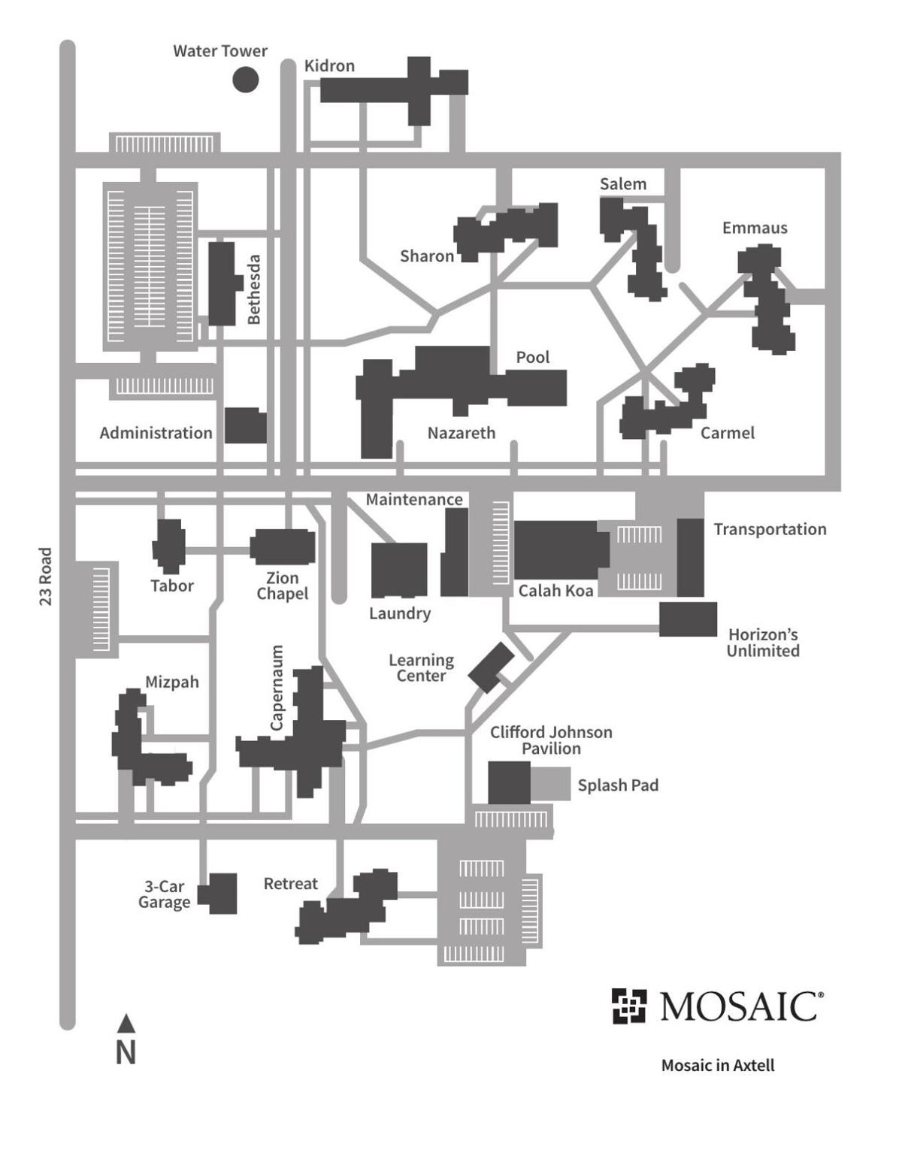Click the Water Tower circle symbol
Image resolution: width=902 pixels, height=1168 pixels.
point(245,79)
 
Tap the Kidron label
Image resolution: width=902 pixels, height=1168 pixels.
point(329,66)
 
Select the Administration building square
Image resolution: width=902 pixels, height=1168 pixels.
point(246,425)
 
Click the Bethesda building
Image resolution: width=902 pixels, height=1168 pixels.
point(221,283)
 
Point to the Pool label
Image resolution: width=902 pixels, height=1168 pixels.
point(532,357)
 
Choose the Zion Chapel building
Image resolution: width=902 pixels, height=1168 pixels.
point(283,546)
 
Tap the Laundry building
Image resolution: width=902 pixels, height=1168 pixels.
point(399,570)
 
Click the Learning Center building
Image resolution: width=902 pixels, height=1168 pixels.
point(491,667)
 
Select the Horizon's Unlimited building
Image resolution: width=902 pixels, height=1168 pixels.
point(688,619)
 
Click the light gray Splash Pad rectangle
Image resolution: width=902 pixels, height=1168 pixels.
point(551,784)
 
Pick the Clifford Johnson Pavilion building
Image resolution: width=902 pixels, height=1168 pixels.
point(510,782)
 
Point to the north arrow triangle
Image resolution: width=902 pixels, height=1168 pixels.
point(126,1024)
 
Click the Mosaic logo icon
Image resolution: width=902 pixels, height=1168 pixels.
point(628,1006)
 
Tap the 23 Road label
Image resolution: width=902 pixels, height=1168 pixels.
point(46,576)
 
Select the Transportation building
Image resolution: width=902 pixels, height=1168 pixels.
point(690,557)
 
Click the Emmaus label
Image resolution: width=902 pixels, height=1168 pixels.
point(755,228)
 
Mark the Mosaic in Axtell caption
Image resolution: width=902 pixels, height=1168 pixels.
point(717,1065)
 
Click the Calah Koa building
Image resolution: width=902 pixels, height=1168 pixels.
point(561,550)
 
